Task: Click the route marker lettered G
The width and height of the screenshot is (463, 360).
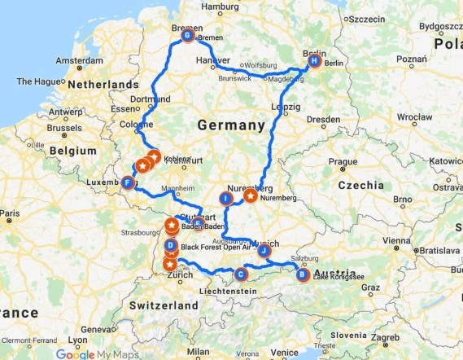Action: point(188,36)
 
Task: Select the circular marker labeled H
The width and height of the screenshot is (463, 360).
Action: point(314,60)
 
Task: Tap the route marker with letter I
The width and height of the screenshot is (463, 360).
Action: point(226,198)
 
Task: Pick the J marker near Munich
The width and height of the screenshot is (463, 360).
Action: point(264,251)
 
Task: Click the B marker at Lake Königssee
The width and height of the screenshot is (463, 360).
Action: point(303,274)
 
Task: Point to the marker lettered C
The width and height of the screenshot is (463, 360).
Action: point(241,274)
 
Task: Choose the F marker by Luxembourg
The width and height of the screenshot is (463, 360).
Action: point(128,183)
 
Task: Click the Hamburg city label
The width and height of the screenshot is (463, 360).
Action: point(220,7)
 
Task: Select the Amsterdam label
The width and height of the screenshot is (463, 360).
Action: point(80,62)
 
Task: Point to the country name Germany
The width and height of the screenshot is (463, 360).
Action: point(231,125)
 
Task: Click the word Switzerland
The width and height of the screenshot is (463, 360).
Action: point(164,305)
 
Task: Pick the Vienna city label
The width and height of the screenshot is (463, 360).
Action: point(396,241)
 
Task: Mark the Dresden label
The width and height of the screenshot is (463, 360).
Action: point(325,120)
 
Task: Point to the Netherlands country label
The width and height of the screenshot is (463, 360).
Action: point(103,85)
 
